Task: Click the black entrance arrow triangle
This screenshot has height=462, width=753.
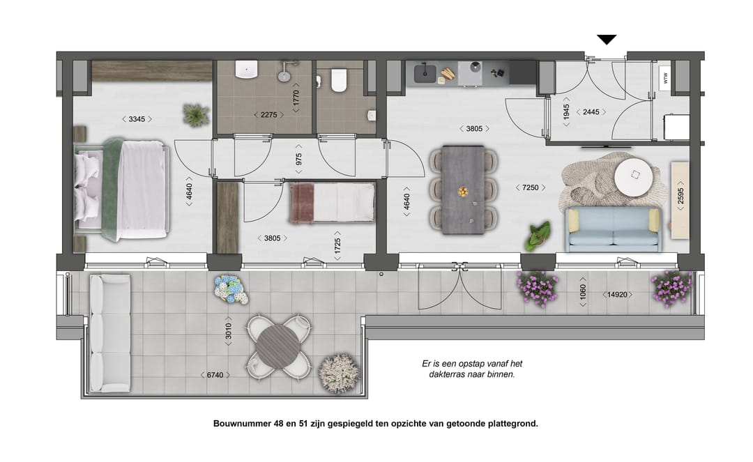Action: coord(607,40)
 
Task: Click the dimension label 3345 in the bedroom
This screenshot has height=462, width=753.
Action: coord(136,119)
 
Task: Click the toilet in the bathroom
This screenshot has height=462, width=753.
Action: coord(339,80)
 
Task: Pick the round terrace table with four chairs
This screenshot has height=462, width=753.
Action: coord(277,346)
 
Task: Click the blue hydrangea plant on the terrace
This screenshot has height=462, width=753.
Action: coord(231,288)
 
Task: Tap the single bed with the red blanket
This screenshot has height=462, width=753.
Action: coord(333,203)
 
